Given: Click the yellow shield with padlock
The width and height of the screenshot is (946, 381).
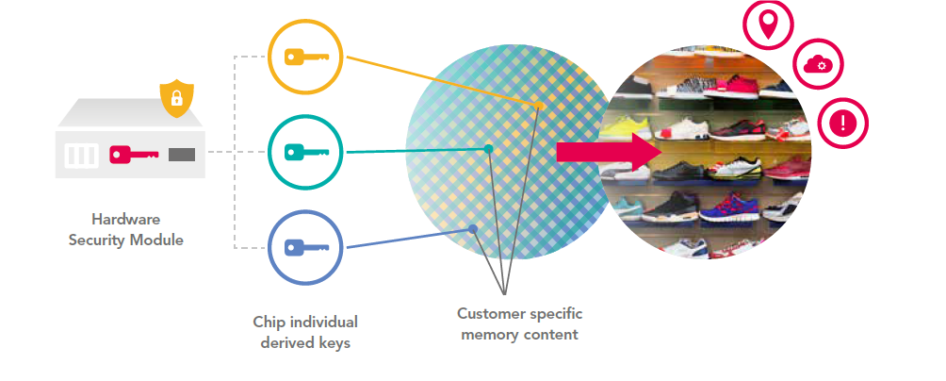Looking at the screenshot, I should pos(176,98).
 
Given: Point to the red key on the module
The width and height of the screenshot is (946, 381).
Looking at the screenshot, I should pos(131,154).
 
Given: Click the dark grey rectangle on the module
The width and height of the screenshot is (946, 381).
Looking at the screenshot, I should pos(182,154).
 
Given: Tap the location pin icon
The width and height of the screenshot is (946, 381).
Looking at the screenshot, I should pos(769,23).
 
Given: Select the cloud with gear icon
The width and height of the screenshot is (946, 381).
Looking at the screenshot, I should pos(817,65).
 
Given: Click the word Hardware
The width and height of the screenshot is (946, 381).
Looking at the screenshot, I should pos(125,220).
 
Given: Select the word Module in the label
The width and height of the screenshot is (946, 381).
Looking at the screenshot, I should pos(157,240).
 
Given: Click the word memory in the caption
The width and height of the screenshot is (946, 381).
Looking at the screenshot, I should pos(489,334).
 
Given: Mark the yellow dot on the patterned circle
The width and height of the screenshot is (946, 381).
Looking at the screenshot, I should pos(541,106).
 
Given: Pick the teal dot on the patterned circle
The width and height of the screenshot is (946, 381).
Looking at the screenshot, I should pos(488,149).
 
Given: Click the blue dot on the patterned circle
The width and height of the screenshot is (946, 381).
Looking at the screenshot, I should pos(473,229).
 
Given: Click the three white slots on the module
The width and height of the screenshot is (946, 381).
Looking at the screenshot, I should pos(81,155).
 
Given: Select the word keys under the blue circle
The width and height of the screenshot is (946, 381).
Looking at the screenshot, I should pos(331,342).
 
